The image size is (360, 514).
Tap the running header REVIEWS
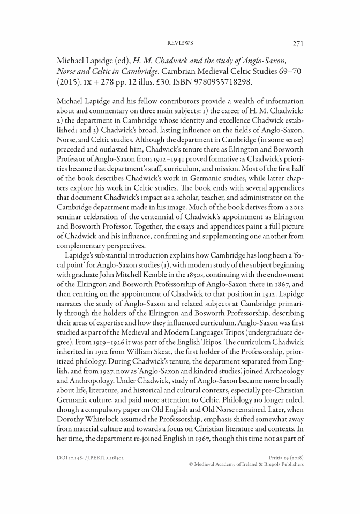[180, 43]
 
